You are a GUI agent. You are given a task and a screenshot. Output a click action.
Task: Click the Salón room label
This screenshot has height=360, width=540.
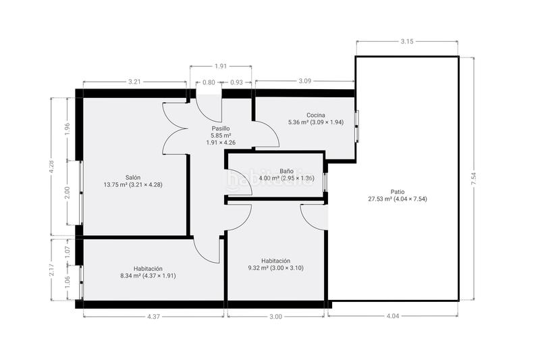tap(133, 178)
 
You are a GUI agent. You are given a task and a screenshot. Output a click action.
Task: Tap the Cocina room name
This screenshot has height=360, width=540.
tap(316, 115)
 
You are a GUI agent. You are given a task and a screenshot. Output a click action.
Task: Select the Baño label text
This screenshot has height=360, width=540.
tap(286, 171)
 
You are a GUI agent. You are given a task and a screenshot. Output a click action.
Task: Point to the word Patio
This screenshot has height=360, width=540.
tap(398, 192)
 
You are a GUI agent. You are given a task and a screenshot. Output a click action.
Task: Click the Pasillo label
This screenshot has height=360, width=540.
tap(221, 128)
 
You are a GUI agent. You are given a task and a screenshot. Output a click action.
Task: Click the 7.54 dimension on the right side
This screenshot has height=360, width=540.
tap(474, 179)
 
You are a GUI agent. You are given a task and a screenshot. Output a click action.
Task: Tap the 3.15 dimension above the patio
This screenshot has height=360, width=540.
tap(407, 41)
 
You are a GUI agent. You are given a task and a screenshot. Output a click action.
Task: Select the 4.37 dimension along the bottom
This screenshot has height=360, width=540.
tap(153, 316)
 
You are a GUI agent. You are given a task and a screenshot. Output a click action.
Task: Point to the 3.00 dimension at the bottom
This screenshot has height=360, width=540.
tap(275, 316)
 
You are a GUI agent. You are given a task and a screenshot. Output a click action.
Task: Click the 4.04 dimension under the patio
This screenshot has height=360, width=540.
tap(393, 316)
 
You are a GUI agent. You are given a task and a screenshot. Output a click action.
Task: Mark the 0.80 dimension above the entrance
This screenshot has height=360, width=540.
tap(209, 82)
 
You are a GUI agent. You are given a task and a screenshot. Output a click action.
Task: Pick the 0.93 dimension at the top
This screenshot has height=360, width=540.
tap(237, 82)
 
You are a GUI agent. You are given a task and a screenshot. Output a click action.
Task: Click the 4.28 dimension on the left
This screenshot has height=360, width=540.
tap(51, 167)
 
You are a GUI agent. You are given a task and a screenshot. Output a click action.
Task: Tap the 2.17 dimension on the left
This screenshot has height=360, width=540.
tap(51, 269)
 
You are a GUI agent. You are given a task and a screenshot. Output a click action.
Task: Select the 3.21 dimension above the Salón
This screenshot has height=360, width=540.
tap(134, 82)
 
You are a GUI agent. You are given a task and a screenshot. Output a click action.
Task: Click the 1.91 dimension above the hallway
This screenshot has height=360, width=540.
tap(221, 66)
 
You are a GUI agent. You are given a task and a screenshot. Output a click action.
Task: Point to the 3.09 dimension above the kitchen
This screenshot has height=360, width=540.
tap(305, 81)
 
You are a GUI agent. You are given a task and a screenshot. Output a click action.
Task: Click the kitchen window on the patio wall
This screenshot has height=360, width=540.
tap(357, 126)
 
